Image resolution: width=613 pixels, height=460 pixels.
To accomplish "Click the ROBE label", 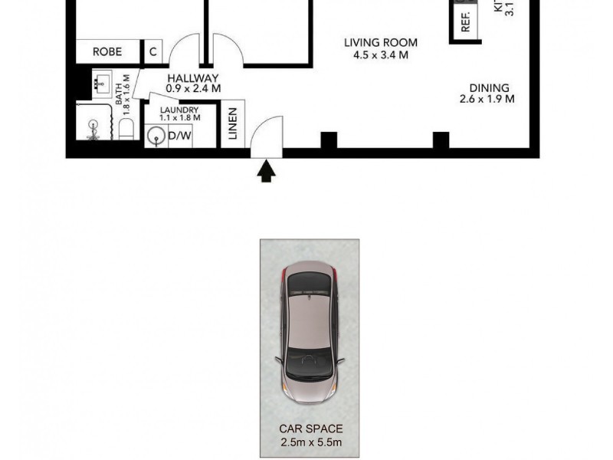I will click(108, 52).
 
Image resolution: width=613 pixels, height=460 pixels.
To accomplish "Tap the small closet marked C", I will click(153, 52).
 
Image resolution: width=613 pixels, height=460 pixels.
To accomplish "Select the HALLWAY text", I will click(193, 78).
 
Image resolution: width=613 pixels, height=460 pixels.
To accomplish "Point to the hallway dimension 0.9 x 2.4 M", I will click(193, 89).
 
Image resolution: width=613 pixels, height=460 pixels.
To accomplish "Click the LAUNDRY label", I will click(180, 110).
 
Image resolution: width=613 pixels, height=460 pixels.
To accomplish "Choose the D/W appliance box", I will click(180, 136).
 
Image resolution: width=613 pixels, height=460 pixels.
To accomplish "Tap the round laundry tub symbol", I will click(156, 136).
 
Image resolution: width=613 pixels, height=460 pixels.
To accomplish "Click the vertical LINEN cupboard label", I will click(233, 123).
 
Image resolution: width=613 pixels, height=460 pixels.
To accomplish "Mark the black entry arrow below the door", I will click(267, 170).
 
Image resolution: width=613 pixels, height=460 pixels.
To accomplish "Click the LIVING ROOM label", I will click(380, 43).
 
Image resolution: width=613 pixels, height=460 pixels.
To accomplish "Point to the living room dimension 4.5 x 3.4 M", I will click(380, 55).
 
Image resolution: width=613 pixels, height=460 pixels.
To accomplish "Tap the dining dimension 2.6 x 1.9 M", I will click(487, 99).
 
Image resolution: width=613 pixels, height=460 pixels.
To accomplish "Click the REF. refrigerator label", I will click(465, 22).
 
